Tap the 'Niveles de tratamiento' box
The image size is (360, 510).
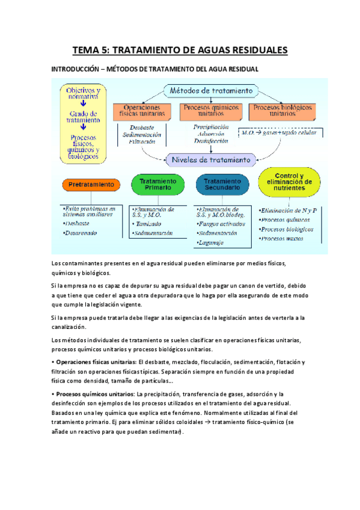point(210,160)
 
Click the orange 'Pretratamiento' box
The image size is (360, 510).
point(91,184)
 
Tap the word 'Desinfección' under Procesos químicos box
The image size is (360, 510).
point(211,141)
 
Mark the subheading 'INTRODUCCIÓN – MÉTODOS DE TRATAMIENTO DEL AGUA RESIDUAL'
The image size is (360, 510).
point(156,70)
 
